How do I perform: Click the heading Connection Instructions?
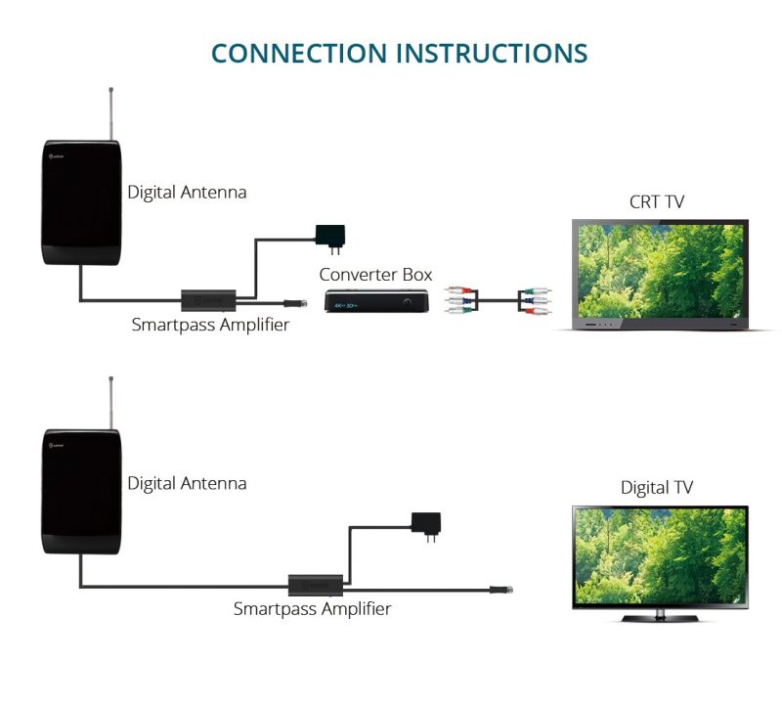coord(399,52)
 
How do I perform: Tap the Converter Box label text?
coord(375,274)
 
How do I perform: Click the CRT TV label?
coord(657,202)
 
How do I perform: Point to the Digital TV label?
coord(657,487)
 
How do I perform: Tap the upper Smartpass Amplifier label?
coord(210,325)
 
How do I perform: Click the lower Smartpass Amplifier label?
coord(312,608)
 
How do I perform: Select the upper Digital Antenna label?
coord(187,193)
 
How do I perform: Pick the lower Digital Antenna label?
coord(187,483)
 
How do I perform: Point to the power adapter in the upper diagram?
coord(329,235)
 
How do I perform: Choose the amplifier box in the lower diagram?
coord(315,585)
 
